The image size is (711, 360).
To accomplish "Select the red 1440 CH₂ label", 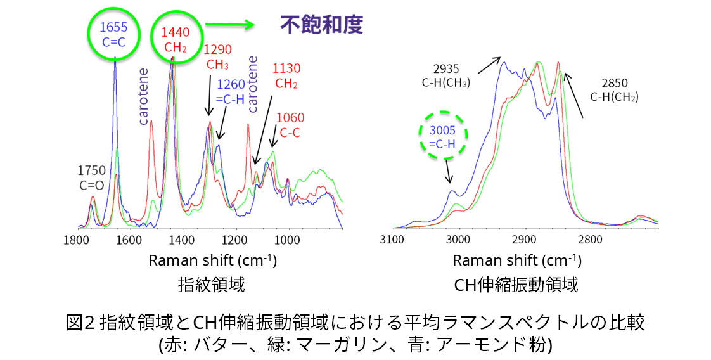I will click(x=174, y=38).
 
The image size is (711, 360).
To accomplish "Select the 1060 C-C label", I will click(x=290, y=125).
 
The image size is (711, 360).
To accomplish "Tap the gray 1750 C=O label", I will click(x=92, y=177).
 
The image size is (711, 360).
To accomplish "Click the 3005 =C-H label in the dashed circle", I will click(x=442, y=137).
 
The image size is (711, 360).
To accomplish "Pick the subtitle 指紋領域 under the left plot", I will click(x=212, y=285).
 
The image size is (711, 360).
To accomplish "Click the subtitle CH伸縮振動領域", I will click(x=516, y=285).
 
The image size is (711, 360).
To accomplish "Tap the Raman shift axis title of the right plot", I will click(x=517, y=260).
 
